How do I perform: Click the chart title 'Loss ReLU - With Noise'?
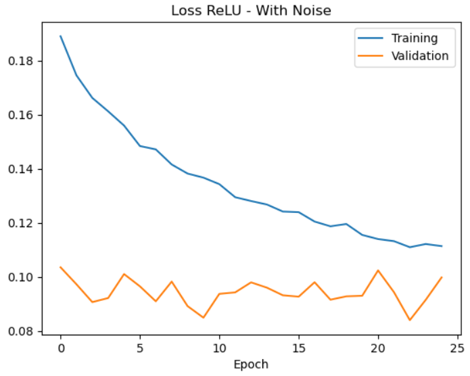tap(250, 10)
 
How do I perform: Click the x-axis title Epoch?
tap(250, 365)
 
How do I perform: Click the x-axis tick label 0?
tap(60, 348)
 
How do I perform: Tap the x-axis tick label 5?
tap(140, 348)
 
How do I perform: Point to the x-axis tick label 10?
tap(219, 348)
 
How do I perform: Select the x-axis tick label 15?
tap(299, 348)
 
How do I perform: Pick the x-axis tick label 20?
tap(378, 348)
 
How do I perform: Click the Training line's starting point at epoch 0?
tap(60, 36)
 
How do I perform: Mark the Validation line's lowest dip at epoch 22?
tap(410, 320)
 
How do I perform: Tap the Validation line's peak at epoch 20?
tap(378, 271)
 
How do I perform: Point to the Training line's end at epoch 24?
tap(442, 246)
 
